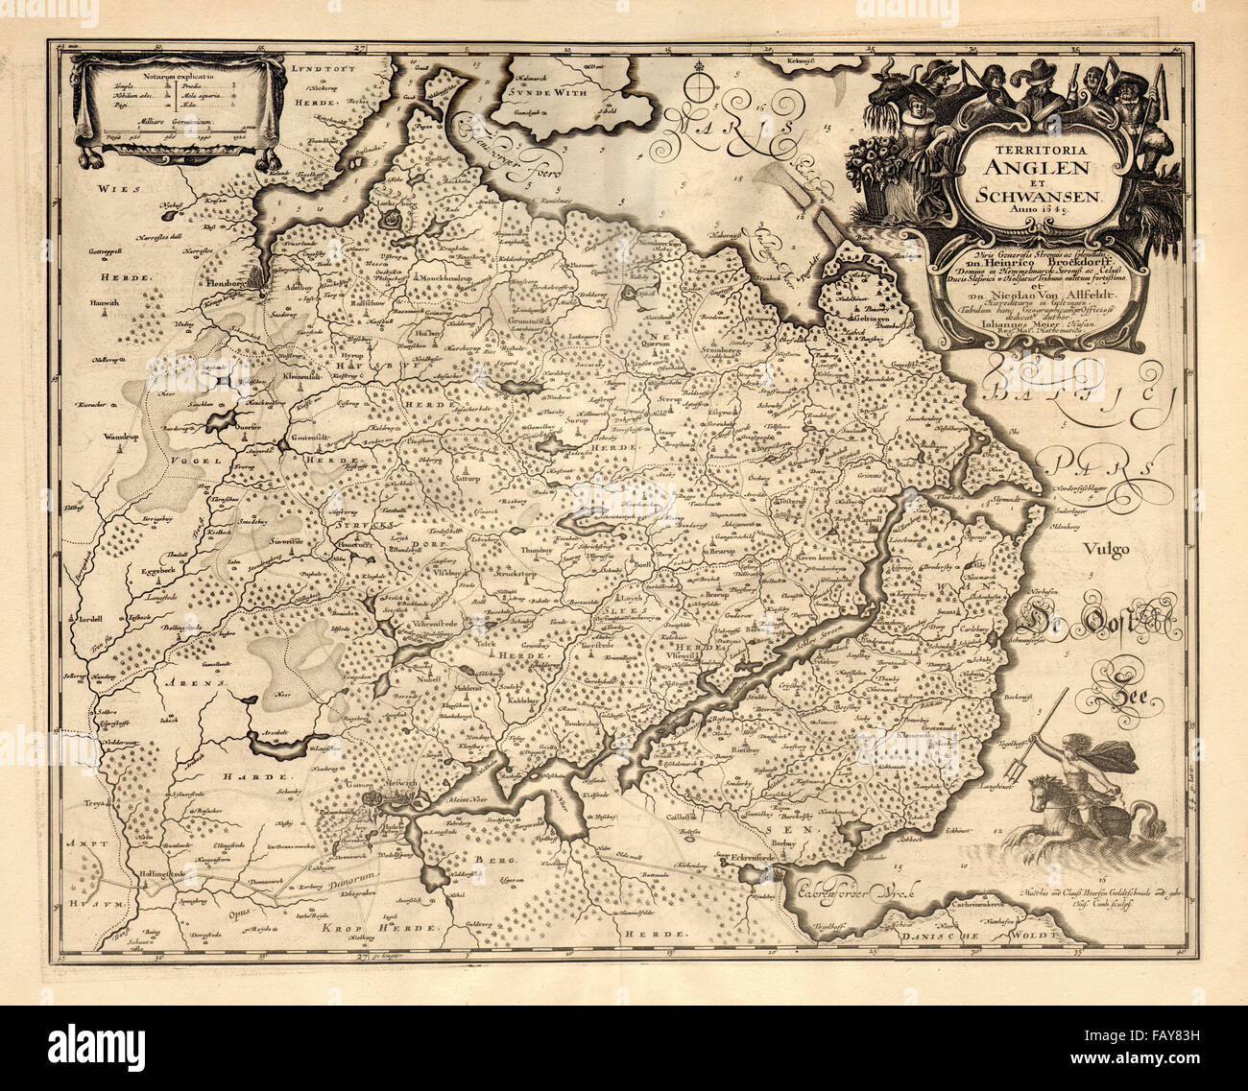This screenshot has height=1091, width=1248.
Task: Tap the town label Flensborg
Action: pyautogui.click(x=228, y=285)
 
